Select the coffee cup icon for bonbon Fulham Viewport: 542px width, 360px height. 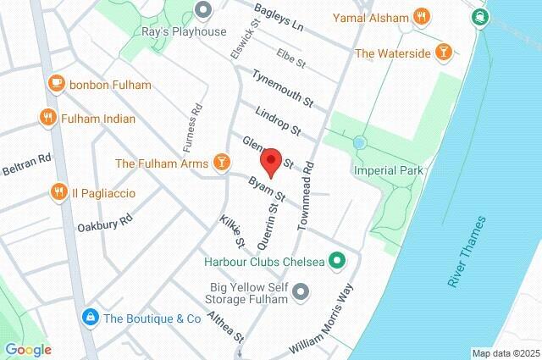[57, 84]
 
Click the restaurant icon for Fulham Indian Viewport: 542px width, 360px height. [47, 119]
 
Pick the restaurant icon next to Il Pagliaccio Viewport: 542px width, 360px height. [58, 192]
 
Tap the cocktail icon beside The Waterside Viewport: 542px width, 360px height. [441, 53]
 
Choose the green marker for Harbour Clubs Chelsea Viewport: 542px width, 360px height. [336, 261]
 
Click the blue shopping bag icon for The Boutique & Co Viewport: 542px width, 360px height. [89, 318]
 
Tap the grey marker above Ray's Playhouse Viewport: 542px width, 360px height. [202, 11]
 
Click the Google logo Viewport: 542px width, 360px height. [28, 350]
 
